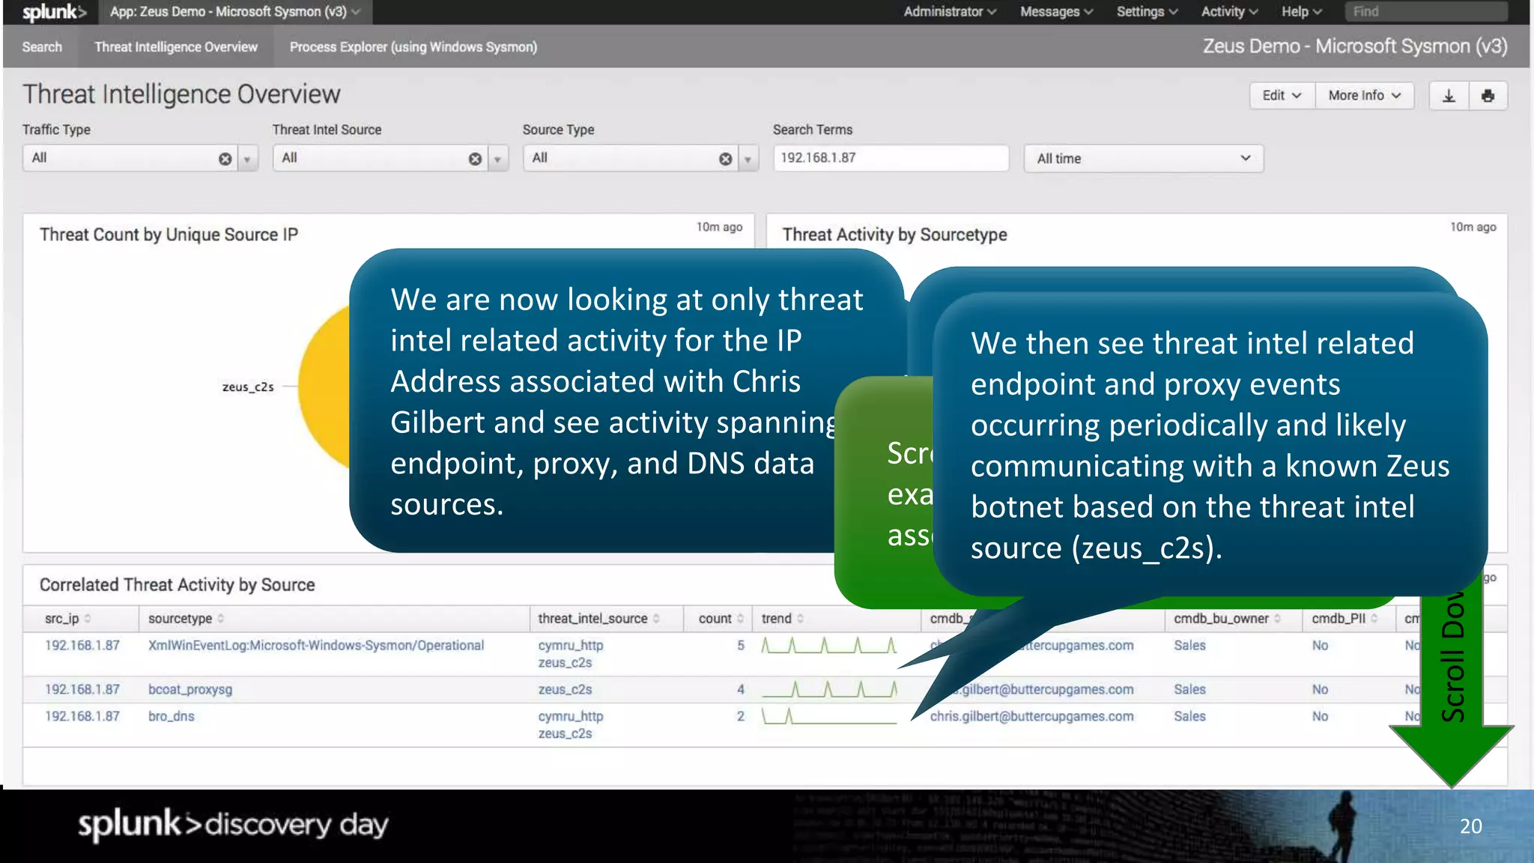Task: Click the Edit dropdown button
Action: [1282, 96]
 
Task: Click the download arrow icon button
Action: [1449, 96]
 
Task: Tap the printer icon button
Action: [1488, 96]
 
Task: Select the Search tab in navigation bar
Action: [42, 47]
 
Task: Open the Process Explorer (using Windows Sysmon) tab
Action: [413, 47]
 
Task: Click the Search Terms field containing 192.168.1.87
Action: [890, 158]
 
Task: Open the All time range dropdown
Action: [1143, 159]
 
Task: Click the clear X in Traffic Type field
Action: [225, 159]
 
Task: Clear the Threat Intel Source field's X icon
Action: [475, 159]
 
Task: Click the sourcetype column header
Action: [181, 619]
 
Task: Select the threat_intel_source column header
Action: [592, 619]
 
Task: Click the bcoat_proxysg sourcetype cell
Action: [190, 690]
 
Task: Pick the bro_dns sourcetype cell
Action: [172, 717]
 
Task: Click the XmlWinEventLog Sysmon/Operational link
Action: [316, 646]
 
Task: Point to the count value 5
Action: [740, 646]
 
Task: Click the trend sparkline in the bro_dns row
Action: [828, 717]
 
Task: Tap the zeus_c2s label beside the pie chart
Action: [248, 387]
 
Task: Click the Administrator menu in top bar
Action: [949, 12]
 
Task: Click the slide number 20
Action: [1470, 826]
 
